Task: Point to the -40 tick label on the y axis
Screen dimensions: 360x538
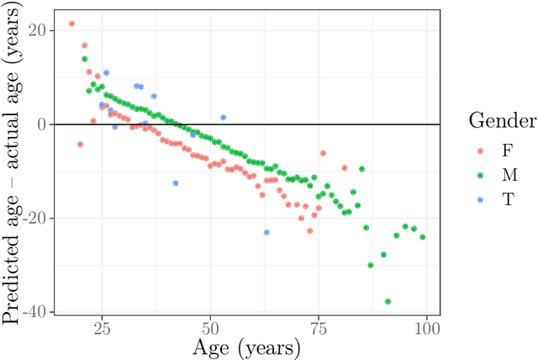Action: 34,312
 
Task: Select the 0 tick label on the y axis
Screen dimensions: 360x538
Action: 44,124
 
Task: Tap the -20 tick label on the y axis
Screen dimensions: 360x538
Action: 34,219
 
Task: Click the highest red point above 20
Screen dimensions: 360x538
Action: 71,24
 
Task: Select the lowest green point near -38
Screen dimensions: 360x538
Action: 388,301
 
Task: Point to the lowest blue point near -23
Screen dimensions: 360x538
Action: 266,232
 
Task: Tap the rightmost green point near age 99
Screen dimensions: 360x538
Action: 422,237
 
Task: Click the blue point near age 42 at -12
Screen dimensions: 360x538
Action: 176,183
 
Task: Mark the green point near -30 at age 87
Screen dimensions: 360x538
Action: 371,265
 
